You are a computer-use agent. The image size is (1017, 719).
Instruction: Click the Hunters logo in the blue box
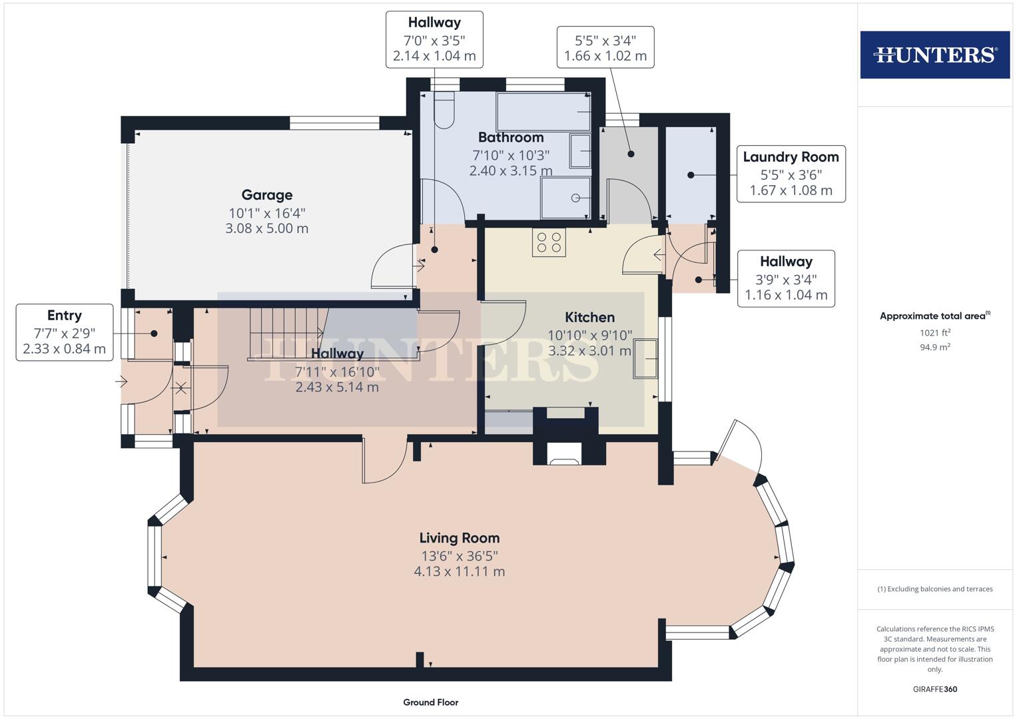935,55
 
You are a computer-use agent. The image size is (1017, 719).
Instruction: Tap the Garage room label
267,194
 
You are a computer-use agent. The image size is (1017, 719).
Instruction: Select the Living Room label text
460,538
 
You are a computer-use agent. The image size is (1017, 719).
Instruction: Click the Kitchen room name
590,317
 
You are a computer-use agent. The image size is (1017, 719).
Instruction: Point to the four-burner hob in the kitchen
549,242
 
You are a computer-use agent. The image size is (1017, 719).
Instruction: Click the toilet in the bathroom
444,110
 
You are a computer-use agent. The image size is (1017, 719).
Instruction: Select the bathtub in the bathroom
543,112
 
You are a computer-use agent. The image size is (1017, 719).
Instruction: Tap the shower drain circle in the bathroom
575,198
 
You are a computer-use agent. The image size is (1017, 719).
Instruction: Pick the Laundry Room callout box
791,174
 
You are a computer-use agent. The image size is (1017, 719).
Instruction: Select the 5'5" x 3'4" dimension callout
605,47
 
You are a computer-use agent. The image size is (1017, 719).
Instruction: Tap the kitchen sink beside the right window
645,359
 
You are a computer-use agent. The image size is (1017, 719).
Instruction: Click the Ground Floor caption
431,702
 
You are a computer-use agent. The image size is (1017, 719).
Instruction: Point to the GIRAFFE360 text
935,689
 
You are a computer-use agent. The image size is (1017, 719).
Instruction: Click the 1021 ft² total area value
935,333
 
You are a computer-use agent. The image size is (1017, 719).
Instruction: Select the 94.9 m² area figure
935,348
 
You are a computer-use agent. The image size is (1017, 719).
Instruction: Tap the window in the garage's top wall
334,123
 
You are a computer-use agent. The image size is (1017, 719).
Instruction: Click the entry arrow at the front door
121,381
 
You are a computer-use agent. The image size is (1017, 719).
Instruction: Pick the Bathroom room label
511,137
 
